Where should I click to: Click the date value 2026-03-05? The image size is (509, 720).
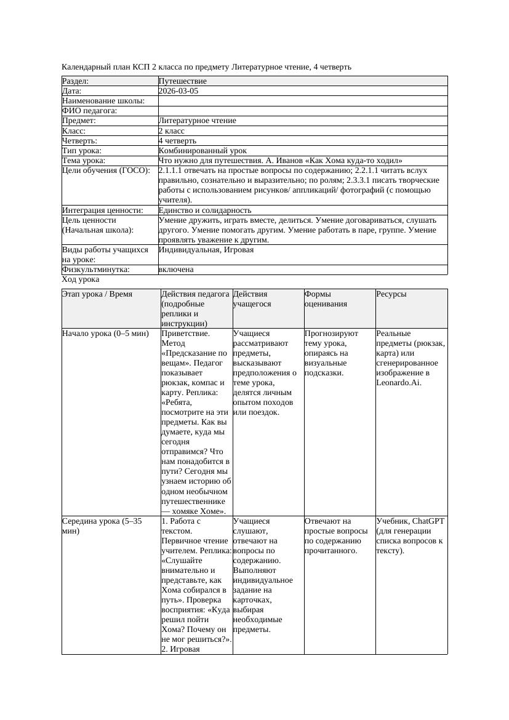[x=178, y=91]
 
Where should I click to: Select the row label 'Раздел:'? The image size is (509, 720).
[x=76, y=81]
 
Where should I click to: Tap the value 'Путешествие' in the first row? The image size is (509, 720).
[x=182, y=81]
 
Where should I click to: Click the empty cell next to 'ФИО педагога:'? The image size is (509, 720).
[x=302, y=111]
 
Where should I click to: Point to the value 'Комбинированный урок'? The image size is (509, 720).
[x=202, y=151]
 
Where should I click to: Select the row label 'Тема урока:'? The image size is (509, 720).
[x=84, y=161]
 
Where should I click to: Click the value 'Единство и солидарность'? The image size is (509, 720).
[x=205, y=210]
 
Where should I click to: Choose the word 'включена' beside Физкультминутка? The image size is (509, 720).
[x=176, y=270]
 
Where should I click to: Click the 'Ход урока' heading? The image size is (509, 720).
[x=81, y=279]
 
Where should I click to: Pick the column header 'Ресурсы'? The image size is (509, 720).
[x=391, y=294]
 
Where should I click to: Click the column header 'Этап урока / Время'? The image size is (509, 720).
[x=97, y=294]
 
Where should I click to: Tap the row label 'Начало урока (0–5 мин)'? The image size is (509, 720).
[x=105, y=334]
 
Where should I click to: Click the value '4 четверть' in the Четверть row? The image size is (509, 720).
[x=177, y=141]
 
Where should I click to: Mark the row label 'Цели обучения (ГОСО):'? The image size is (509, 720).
[x=106, y=170]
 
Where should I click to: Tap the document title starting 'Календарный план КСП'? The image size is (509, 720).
[x=207, y=66]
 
